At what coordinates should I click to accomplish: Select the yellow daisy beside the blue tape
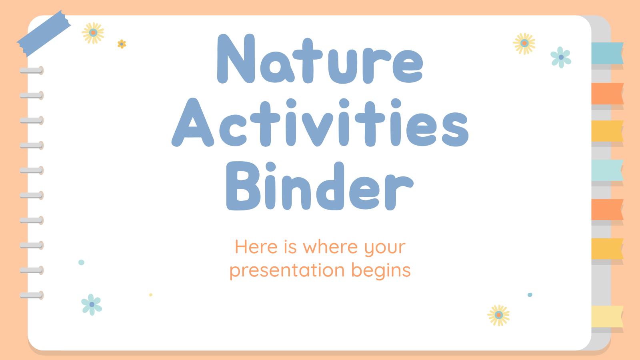click(x=93, y=33)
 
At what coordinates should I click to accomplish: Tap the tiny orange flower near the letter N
click(x=122, y=44)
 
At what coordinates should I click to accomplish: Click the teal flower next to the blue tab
click(x=561, y=57)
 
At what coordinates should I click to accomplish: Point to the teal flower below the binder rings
click(x=92, y=304)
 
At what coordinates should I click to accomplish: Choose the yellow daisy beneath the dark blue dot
click(x=498, y=315)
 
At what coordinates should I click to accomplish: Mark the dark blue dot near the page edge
click(x=530, y=295)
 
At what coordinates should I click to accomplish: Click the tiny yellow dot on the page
click(x=151, y=295)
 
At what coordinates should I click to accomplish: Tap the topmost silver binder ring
click(x=31, y=71)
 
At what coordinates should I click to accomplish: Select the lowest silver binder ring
click(x=31, y=296)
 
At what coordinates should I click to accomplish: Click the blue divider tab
click(x=607, y=53)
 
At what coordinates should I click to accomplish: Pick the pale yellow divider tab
click(x=607, y=316)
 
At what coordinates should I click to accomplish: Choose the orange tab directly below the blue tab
click(x=607, y=93)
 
